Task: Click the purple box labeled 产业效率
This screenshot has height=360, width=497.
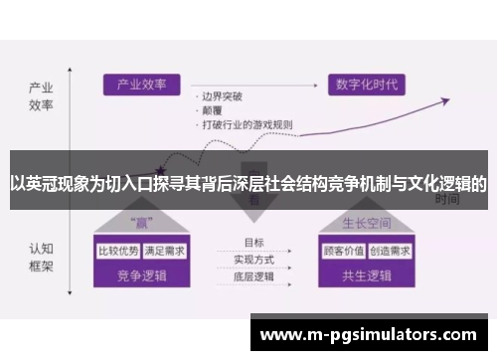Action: (x=141, y=86)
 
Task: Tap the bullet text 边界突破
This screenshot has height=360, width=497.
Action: (x=222, y=97)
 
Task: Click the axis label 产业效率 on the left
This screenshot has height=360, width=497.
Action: (x=40, y=94)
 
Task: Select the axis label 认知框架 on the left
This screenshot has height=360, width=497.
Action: (x=40, y=258)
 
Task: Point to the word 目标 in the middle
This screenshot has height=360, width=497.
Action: (x=253, y=243)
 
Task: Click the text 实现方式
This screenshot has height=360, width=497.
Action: (x=254, y=259)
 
